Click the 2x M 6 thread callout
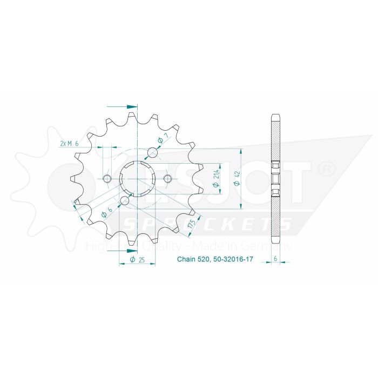coord(69,143)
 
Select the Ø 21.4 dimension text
coord(215,178)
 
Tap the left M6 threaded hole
coord(107,179)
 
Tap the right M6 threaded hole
coord(167,179)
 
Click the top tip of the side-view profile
coord(275,114)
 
